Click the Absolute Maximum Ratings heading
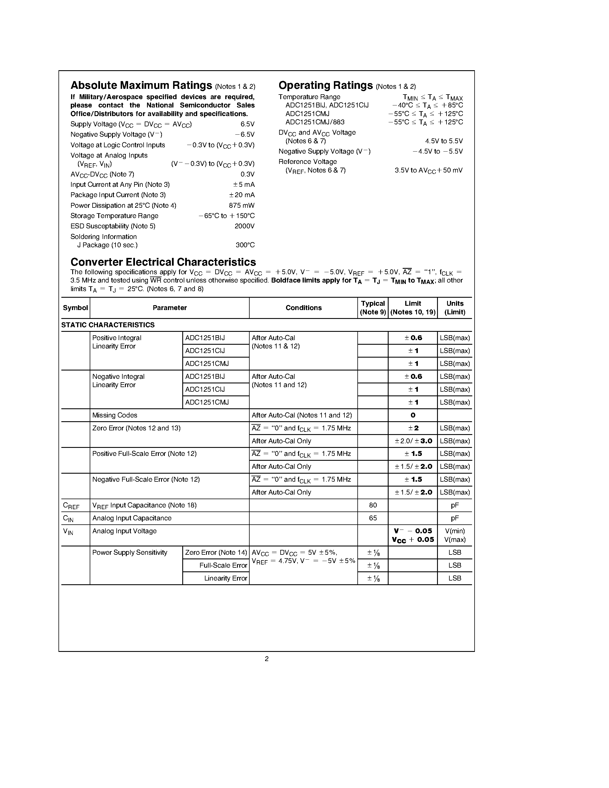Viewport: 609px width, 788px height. (141, 85)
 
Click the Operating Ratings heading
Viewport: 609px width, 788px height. (326, 85)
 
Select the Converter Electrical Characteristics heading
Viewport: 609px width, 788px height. (163, 262)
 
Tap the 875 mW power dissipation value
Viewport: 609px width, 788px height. (241, 205)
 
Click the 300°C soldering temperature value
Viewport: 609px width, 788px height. (245, 245)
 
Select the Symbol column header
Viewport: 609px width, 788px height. (75, 308)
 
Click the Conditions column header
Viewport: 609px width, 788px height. (303, 308)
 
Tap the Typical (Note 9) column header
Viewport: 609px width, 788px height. (373, 308)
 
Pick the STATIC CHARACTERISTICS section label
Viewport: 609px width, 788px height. (108, 325)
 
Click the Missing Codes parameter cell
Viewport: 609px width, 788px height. (115, 415)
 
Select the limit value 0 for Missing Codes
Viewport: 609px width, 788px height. (413, 415)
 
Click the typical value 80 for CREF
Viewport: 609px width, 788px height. (373, 505)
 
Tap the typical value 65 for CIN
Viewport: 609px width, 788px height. (373, 518)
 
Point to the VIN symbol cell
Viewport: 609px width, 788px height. (68, 532)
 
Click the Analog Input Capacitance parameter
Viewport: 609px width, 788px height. (132, 518)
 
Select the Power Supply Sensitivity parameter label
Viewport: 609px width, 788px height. (130, 552)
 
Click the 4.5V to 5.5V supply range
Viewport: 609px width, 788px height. (443, 141)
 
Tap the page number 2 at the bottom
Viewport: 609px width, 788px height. (267, 658)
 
